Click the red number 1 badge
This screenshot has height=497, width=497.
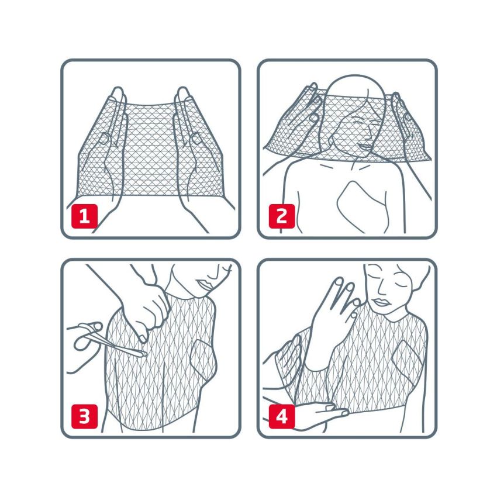84,216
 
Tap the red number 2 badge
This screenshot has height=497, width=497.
281,216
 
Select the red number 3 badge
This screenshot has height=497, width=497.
84,416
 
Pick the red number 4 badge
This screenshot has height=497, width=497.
281,416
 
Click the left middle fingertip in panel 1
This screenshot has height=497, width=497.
118,91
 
